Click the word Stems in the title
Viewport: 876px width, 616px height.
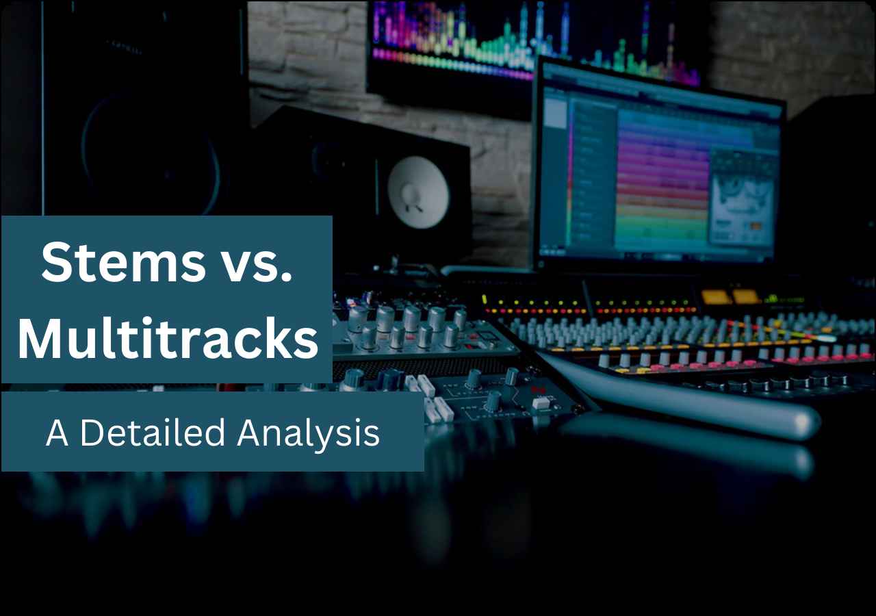tap(123, 264)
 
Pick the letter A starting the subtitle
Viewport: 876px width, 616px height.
tap(57, 433)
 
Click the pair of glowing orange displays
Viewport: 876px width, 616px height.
tap(730, 296)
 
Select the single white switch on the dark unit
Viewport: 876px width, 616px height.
tap(541, 402)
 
